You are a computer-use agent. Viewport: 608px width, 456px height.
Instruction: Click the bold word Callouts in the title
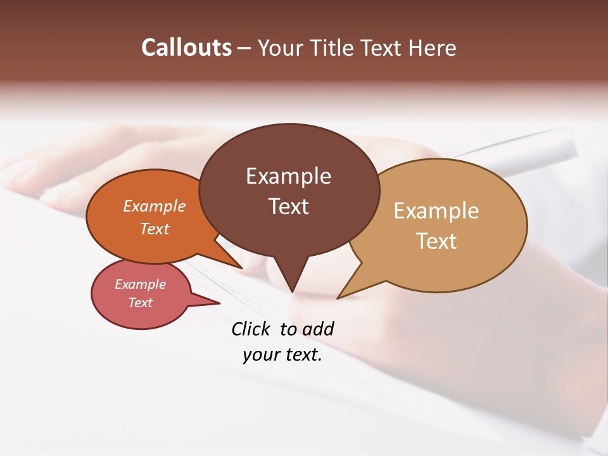186,47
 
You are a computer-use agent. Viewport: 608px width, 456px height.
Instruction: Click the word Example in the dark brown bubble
288,176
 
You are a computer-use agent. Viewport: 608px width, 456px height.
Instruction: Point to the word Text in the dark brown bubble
288,206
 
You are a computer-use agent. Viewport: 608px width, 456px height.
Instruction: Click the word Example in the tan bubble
436,211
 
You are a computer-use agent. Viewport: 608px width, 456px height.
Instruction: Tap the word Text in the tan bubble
436,241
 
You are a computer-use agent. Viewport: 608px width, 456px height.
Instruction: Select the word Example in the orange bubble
155,206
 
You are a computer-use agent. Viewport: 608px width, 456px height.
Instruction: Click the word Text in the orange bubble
155,229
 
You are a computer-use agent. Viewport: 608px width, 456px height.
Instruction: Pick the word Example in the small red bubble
140,284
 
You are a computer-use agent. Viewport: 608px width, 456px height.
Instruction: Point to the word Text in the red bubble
140,303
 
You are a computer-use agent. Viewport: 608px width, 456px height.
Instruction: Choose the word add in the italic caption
317,329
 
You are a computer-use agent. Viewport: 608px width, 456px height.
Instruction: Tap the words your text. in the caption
282,355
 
